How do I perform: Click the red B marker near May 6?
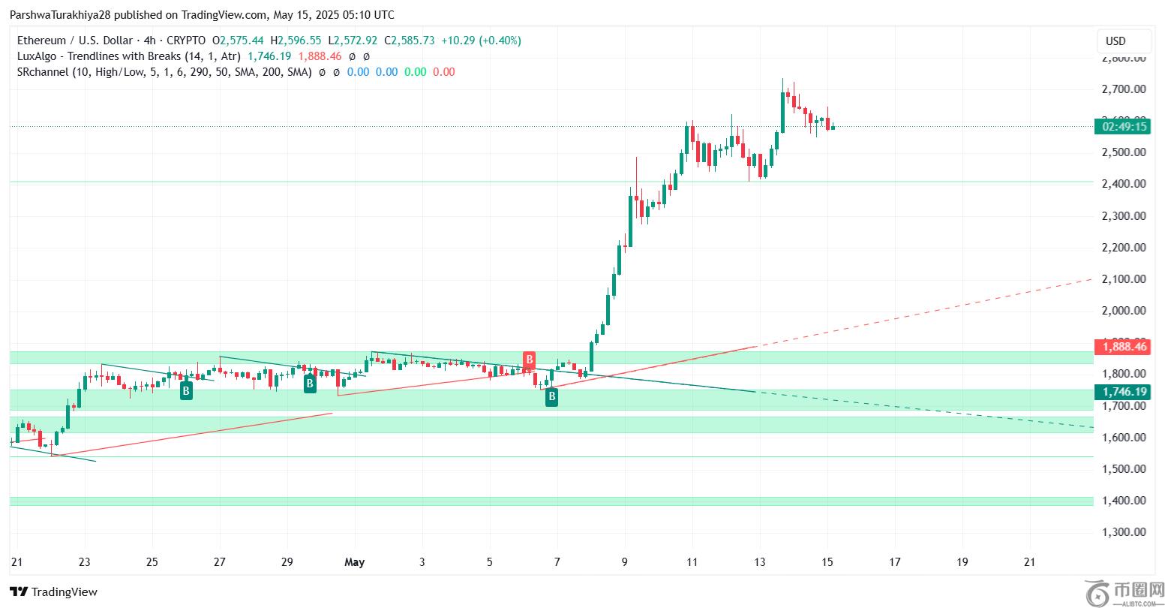coord(529,359)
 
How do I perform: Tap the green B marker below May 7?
coord(551,397)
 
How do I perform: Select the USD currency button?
coord(1115,41)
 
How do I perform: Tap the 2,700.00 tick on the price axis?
coord(1124,89)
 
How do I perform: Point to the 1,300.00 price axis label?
coord(1124,532)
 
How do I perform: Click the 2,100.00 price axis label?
coord(1124,279)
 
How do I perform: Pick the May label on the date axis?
coord(354,561)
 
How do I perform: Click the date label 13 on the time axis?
coord(760,561)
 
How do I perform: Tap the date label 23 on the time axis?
coord(85,561)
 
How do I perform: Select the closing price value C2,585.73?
coord(410,41)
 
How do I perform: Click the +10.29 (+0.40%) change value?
coord(481,41)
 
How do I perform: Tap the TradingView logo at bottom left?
coord(54,591)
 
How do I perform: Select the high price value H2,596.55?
coord(296,41)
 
